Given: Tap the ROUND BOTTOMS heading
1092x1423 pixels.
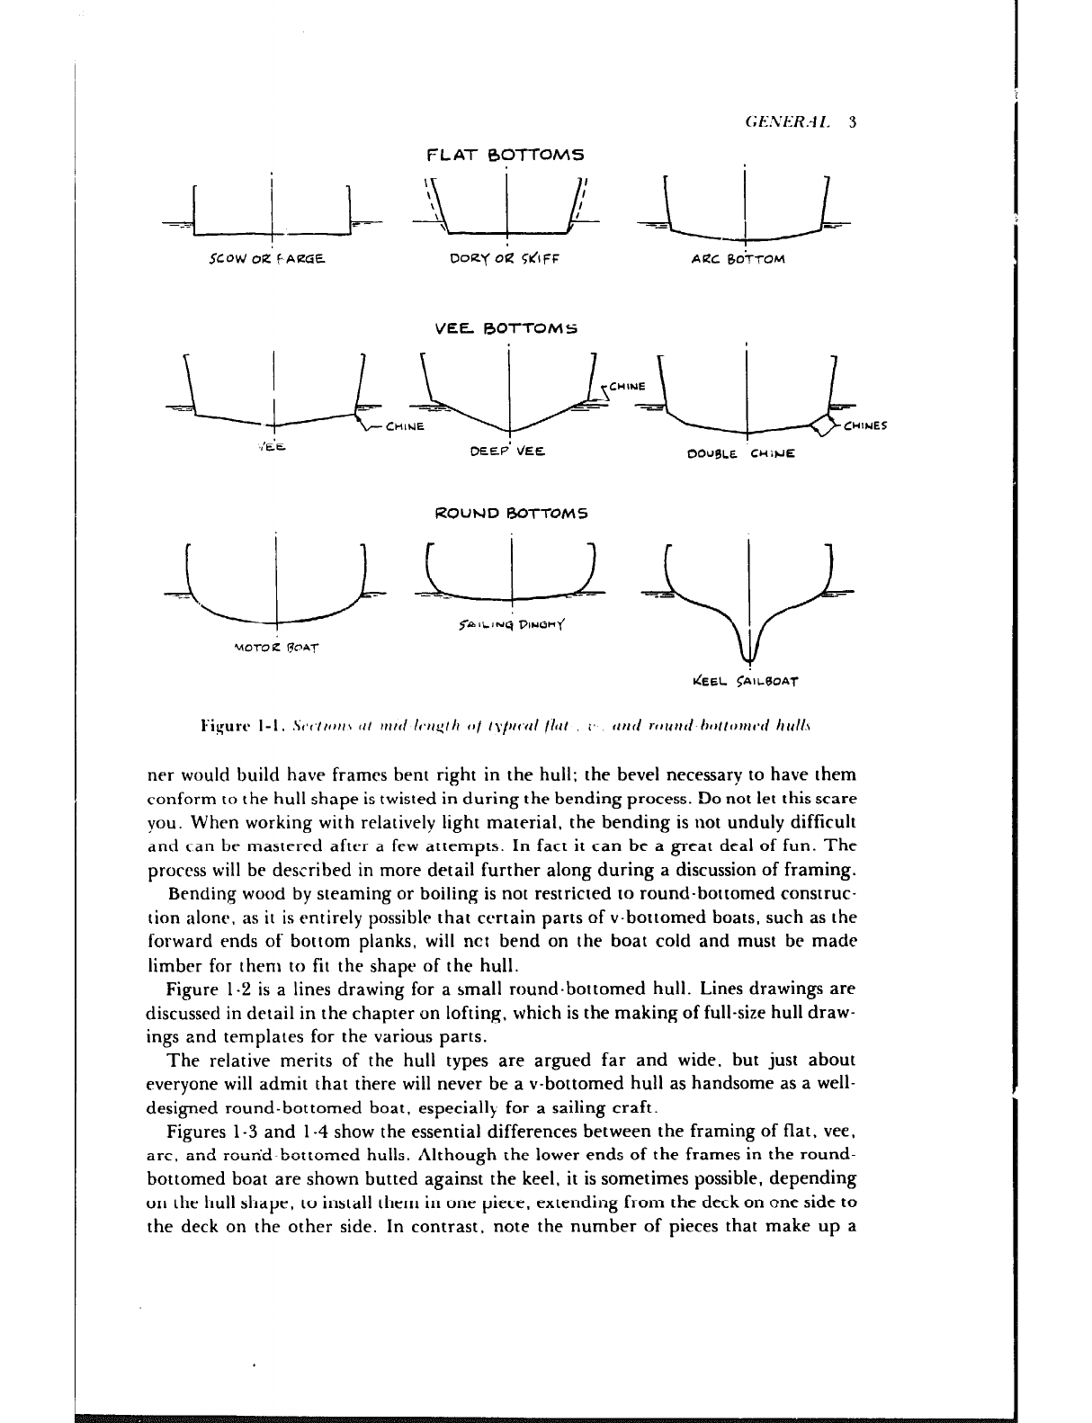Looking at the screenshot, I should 511,515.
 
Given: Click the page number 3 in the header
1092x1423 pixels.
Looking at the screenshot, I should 851,121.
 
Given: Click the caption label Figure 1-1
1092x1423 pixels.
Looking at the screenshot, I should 232,723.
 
